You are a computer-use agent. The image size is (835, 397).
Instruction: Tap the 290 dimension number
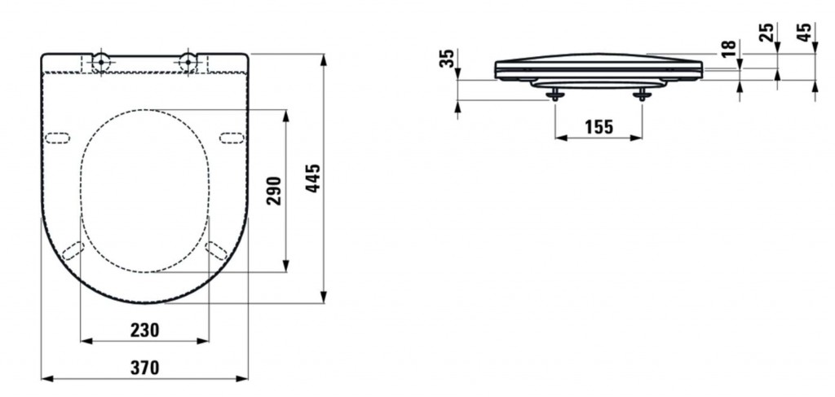click(274, 192)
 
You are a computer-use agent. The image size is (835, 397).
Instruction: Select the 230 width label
click(145, 330)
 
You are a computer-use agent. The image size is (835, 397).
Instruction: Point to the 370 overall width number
click(145, 367)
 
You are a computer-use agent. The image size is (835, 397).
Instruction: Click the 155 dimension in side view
click(599, 127)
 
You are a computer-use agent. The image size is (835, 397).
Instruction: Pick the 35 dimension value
click(448, 58)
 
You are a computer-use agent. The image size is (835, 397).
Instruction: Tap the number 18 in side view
click(730, 48)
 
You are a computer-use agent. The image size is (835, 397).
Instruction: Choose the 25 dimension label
click(766, 33)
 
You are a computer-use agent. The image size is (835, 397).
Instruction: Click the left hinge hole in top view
click(100, 62)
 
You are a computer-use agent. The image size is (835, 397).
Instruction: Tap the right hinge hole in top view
click(188, 62)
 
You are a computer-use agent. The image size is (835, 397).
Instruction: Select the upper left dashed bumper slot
click(57, 139)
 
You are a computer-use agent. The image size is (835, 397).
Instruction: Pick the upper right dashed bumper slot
click(232, 139)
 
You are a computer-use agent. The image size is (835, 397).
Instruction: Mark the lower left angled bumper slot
click(73, 250)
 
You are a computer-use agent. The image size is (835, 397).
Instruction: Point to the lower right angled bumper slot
click(216, 250)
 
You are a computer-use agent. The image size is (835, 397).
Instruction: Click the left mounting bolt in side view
click(555, 95)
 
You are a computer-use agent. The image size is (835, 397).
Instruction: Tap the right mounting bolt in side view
click(643, 95)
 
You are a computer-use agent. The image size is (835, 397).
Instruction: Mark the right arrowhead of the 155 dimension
click(636, 138)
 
